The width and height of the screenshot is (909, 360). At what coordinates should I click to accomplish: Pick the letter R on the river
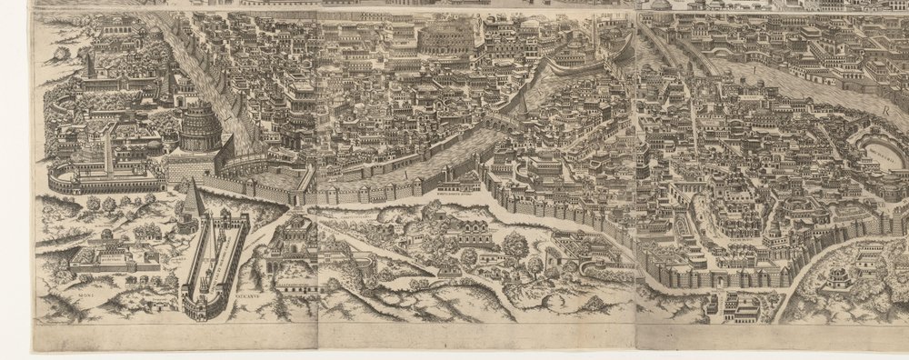coord(883,106)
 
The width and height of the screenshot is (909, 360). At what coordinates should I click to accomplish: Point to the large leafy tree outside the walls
coord(515,244)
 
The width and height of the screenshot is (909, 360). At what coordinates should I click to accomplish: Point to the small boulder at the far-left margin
coord(60,55)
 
